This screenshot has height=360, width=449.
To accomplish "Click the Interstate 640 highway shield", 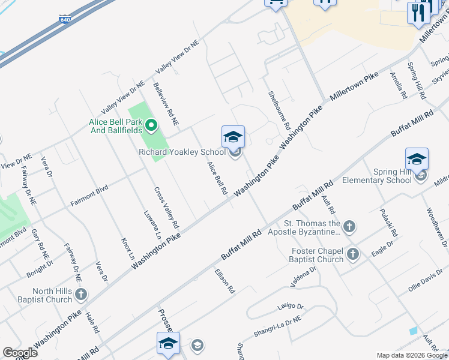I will click(64, 20).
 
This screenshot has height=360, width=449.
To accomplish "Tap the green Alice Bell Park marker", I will click(151, 126).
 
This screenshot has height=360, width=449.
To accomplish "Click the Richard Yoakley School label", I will click(182, 152).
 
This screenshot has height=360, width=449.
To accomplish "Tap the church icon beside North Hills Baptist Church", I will click(81, 294).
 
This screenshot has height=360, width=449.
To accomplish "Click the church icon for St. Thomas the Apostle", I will click(349, 227).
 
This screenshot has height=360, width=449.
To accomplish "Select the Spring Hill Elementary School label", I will click(376, 175).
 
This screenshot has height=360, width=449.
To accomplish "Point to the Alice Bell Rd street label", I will click(217, 178).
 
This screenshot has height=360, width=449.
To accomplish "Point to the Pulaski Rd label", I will click(385, 222).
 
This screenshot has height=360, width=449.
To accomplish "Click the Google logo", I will click(20, 353).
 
